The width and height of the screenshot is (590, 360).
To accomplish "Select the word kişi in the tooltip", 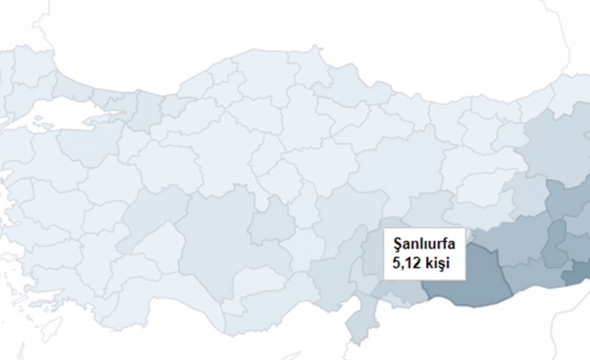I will coord(436,263).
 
